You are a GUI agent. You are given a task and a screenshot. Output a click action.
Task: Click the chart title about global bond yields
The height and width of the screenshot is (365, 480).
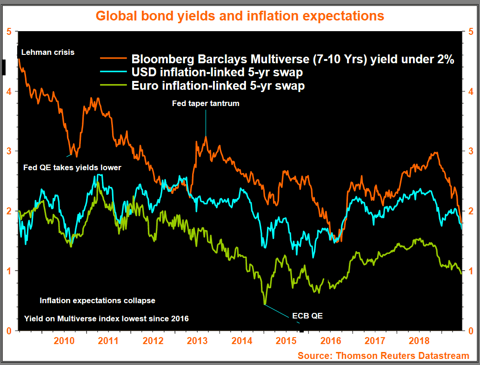point(240,15)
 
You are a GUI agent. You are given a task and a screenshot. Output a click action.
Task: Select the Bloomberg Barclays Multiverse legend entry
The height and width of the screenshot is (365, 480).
point(293,59)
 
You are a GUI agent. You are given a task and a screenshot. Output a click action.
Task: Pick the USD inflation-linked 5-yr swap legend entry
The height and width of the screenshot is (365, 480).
point(217,73)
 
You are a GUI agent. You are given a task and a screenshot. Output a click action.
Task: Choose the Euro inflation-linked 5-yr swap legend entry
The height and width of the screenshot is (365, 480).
point(218,86)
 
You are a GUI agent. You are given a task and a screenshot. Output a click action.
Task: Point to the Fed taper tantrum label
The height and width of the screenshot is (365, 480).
point(206,103)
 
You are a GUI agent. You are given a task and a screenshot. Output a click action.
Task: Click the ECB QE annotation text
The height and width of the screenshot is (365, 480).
point(307,316)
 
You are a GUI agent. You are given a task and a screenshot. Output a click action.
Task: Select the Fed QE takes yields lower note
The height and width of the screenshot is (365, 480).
point(72,167)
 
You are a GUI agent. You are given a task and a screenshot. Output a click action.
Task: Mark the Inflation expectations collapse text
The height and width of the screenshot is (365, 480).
point(97,300)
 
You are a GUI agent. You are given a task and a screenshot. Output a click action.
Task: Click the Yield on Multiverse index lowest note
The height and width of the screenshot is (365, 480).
point(107,319)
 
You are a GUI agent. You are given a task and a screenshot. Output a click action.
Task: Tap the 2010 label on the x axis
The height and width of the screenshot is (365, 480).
point(64,341)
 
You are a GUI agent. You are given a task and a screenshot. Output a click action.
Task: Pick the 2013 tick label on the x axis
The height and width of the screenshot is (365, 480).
point(197,341)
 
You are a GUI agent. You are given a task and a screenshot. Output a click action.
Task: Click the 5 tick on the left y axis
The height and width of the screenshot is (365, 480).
point(9,32)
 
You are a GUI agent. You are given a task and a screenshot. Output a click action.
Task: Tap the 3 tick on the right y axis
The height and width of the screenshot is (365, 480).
point(471,151)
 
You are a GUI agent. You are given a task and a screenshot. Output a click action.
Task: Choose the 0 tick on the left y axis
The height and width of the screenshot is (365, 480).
point(9,331)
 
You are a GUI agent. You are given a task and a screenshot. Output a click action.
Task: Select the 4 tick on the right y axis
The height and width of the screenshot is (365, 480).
point(471,91)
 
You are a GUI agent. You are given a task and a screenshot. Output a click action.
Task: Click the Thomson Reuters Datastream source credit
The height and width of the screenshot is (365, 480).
point(384,356)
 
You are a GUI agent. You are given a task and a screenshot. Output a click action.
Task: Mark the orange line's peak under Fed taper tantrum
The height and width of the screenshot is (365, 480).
point(206,137)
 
